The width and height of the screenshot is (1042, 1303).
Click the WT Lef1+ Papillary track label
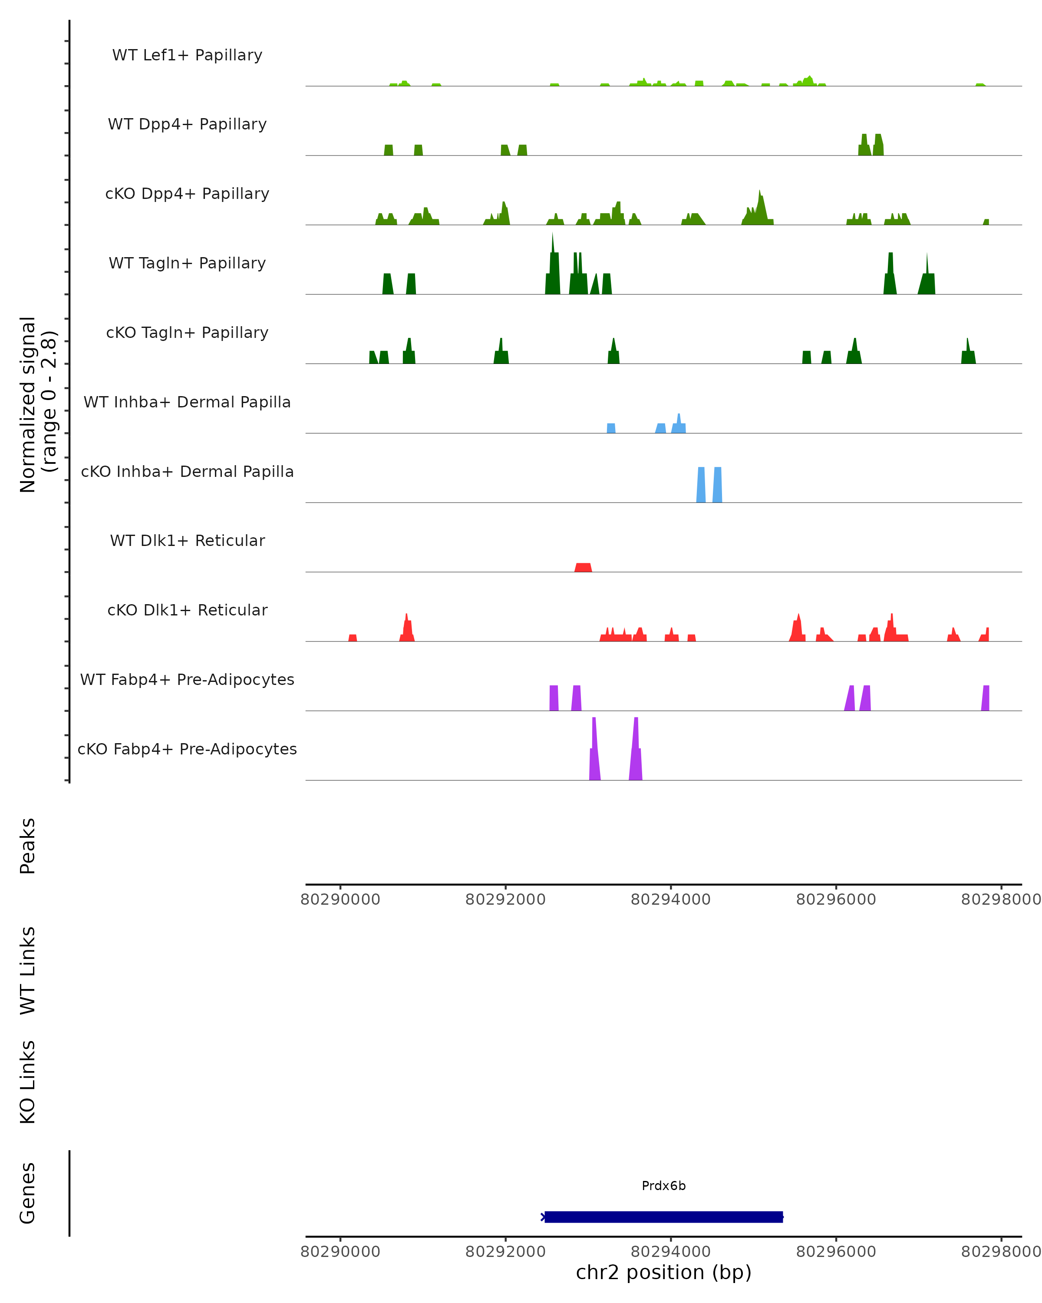point(187,55)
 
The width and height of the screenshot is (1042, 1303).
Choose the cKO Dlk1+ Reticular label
point(187,610)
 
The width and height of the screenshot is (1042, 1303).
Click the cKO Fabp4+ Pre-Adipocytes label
point(187,749)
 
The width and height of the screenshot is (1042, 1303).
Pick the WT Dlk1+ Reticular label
point(187,540)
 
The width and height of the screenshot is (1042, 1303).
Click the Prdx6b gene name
point(663,1186)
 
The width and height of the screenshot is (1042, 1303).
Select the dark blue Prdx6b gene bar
point(663,1217)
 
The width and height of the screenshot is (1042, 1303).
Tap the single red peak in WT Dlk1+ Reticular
point(583,568)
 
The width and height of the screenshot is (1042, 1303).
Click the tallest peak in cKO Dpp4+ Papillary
point(760,208)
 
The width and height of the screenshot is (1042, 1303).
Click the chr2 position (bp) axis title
point(663,1272)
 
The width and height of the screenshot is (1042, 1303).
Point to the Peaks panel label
point(28,846)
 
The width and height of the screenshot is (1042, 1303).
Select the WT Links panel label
point(28,970)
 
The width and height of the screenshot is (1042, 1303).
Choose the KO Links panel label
point(28,1082)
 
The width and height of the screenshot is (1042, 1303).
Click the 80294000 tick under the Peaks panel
point(670,900)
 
